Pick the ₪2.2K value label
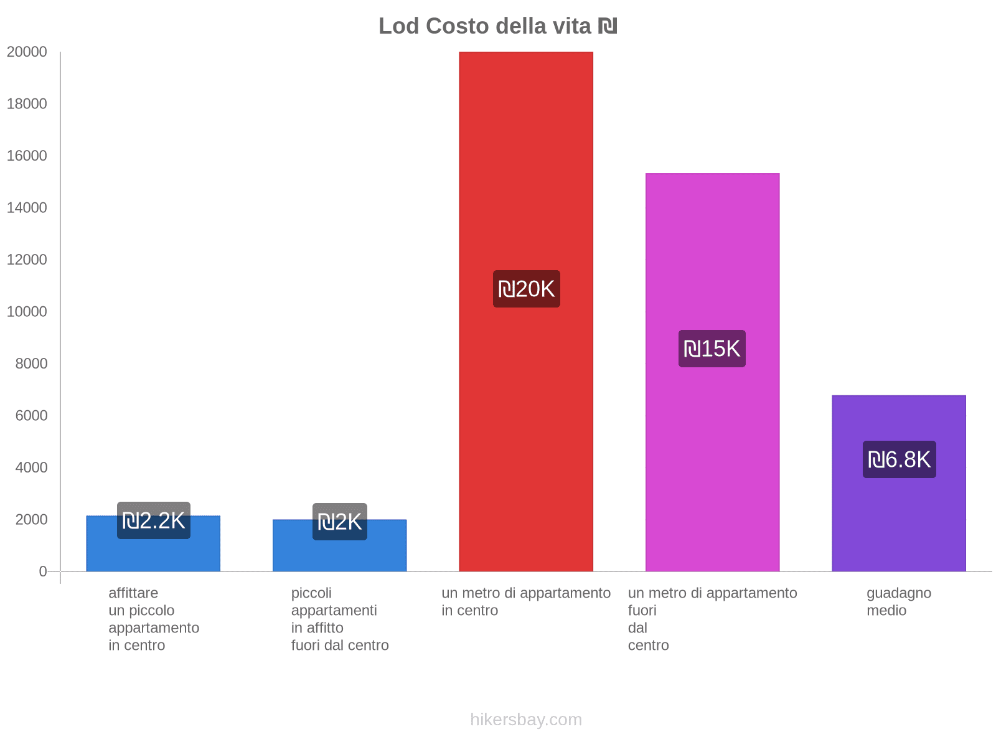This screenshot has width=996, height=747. (154, 520)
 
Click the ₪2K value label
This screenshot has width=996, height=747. (340, 522)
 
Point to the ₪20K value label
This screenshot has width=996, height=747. (527, 289)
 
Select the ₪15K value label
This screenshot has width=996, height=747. (712, 349)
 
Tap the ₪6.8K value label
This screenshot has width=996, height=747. (899, 459)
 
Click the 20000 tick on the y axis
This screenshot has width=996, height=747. (27, 52)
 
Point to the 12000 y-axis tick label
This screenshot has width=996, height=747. (27, 260)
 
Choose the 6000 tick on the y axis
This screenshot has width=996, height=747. (32, 415)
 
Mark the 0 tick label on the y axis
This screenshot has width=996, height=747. (43, 571)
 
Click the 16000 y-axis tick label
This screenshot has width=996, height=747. (27, 156)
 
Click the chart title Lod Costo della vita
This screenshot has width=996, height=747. (486, 26)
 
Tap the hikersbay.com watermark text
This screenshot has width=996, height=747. (526, 720)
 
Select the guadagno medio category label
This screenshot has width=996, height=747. (898, 601)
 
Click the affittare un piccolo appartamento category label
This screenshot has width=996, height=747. (154, 619)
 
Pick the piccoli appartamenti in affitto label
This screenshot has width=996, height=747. (340, 619)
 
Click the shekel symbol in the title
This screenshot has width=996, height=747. (608, 26)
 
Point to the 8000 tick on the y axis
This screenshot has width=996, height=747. (32, 364)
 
